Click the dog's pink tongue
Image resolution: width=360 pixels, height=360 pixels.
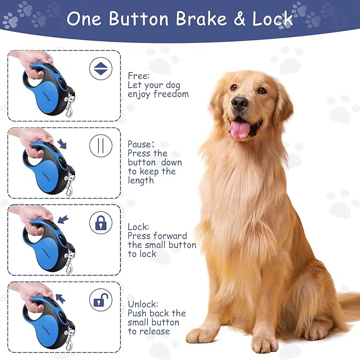240,129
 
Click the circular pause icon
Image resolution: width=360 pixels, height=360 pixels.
100,145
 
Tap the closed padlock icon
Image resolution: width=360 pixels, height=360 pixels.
100,223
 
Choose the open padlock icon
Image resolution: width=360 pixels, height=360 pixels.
100,300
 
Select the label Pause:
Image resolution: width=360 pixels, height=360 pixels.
141,144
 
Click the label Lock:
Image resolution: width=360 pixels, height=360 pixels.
138,226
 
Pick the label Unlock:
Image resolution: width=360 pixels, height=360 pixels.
143,304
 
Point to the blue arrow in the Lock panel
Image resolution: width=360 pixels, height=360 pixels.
63,218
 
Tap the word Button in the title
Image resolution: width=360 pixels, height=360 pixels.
139,19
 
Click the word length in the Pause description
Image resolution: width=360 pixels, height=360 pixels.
141,180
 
